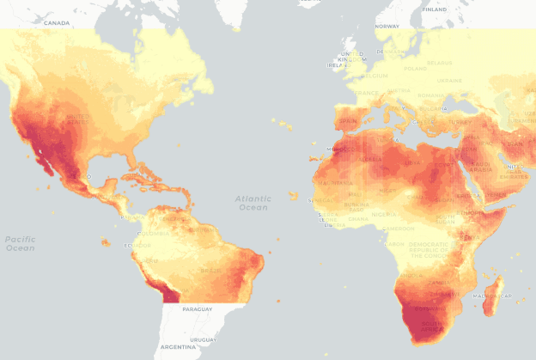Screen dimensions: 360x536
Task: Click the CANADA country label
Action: pyautogui.click(x=58, y=23)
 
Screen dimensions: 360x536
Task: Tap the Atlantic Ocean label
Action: pyautogui.click(x=253, y=203)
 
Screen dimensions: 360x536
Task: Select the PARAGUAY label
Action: pyautogui.click(x=198, y=308)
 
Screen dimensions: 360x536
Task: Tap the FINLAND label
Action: pyautogui.click(x=435, y=9)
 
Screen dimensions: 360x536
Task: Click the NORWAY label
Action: pyautogui.click(x=387, y=26)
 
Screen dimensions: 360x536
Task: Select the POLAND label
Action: pyautogui.click(x=415, y=68)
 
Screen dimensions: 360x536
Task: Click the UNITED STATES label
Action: pyautogui.click(x=77, y=117)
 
